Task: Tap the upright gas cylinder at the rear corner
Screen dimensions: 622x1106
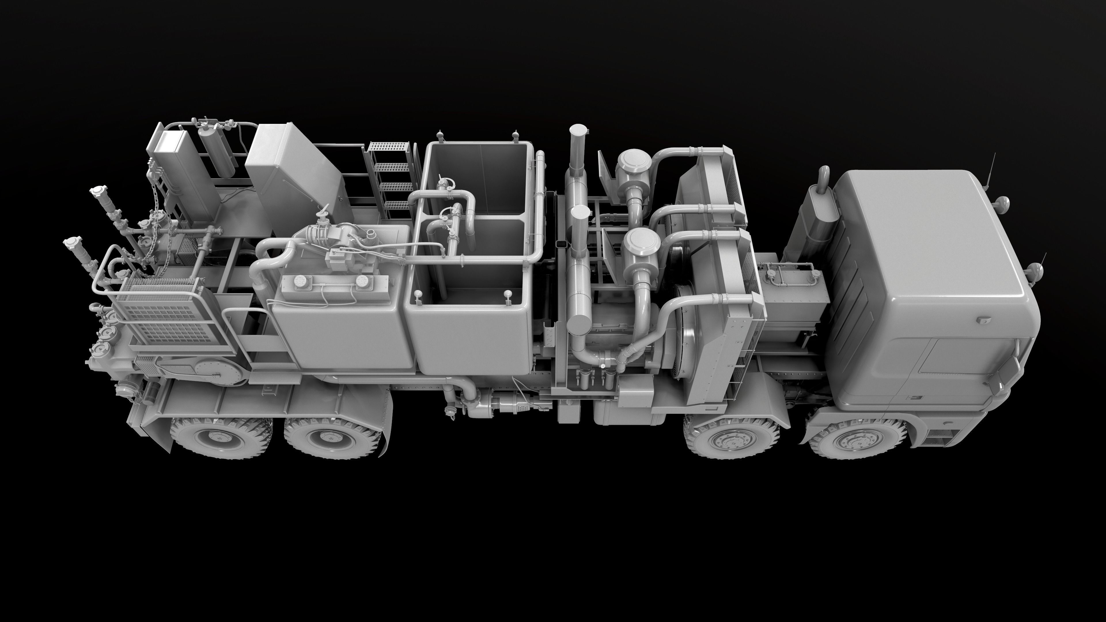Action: [217, 152]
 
